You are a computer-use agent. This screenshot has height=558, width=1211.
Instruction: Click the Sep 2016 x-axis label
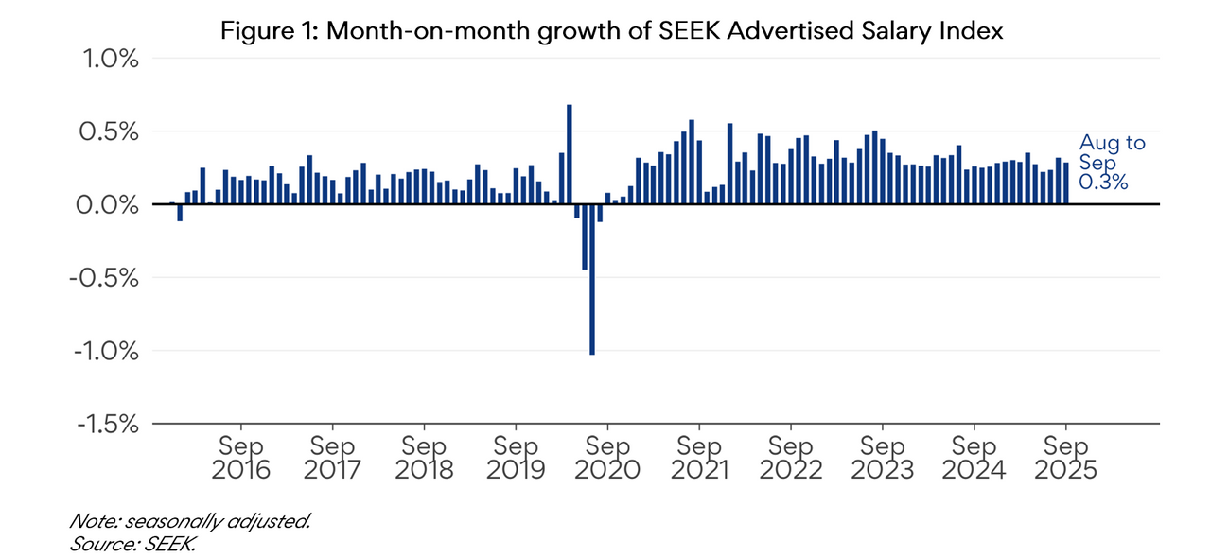coord(241,457)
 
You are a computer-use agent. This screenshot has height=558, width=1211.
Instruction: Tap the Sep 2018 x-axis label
coord(425,457)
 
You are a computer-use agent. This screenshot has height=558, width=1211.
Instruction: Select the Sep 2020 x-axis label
coord(608,457)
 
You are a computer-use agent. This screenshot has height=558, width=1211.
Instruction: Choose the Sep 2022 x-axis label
coord(792,457)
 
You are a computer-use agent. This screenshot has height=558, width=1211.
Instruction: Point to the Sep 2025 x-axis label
coord(1066,457)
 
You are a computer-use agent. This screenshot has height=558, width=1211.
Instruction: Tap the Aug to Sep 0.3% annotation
coord(1112,163)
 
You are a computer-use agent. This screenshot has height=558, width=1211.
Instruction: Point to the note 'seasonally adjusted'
coord(190,521)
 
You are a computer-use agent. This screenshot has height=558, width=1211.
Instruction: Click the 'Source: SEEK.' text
coord(132,544)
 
